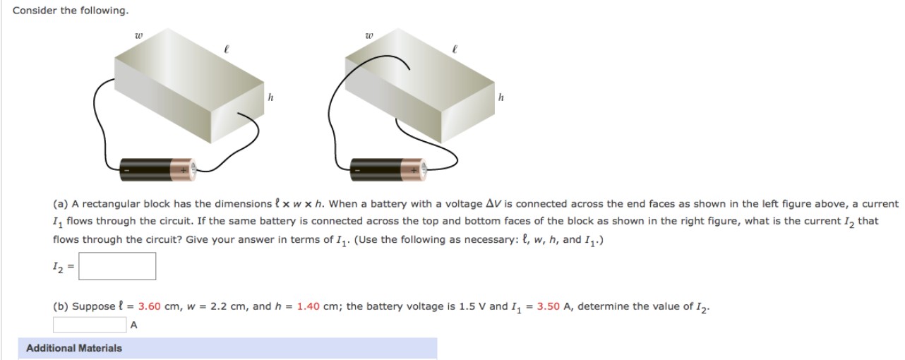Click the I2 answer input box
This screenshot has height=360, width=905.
point(121,266)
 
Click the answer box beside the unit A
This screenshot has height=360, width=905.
point(89,325)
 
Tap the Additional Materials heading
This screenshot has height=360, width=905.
point(74,348)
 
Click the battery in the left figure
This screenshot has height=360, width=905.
point(157,169)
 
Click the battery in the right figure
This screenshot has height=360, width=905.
point(388,169)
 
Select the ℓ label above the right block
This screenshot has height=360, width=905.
point(455,49)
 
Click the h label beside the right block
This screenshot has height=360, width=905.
point(501,97)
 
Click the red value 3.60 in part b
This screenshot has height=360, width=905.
point(150,306)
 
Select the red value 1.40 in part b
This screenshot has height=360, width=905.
point(308,306)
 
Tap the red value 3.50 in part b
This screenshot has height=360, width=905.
point(548,306)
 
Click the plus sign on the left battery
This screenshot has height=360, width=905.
point(183,170)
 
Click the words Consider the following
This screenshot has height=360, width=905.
point(61,11)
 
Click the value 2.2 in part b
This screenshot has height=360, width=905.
point(215,306)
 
